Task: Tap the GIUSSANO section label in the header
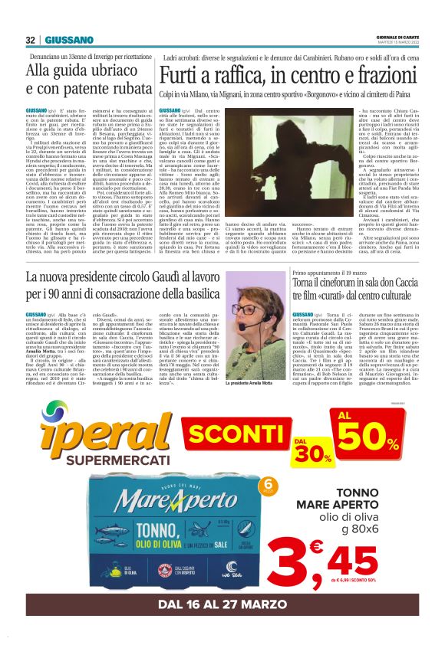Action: coord(69,40)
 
